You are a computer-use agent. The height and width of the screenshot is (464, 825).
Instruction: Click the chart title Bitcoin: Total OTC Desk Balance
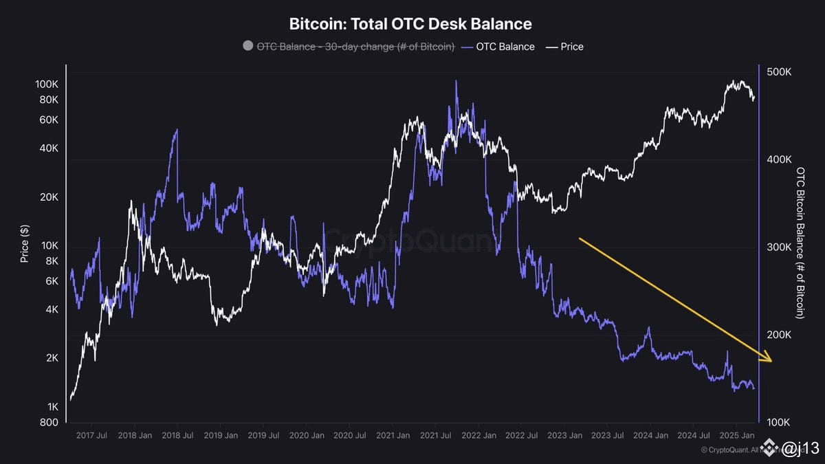[410, 24]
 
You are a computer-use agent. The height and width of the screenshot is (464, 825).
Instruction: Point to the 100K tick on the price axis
[47, 85]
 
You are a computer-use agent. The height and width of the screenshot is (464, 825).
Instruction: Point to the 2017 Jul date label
[91, 435]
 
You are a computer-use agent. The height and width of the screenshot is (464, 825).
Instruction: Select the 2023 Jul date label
[608, 435]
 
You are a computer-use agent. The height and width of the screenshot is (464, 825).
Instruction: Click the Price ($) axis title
[25, 244]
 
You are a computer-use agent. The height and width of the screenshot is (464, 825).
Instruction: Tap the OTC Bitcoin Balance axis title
[800, 243]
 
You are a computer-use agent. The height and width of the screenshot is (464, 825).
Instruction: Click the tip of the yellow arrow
[771, 360]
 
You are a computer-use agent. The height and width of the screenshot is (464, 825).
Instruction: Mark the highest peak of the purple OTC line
[456, 81]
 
